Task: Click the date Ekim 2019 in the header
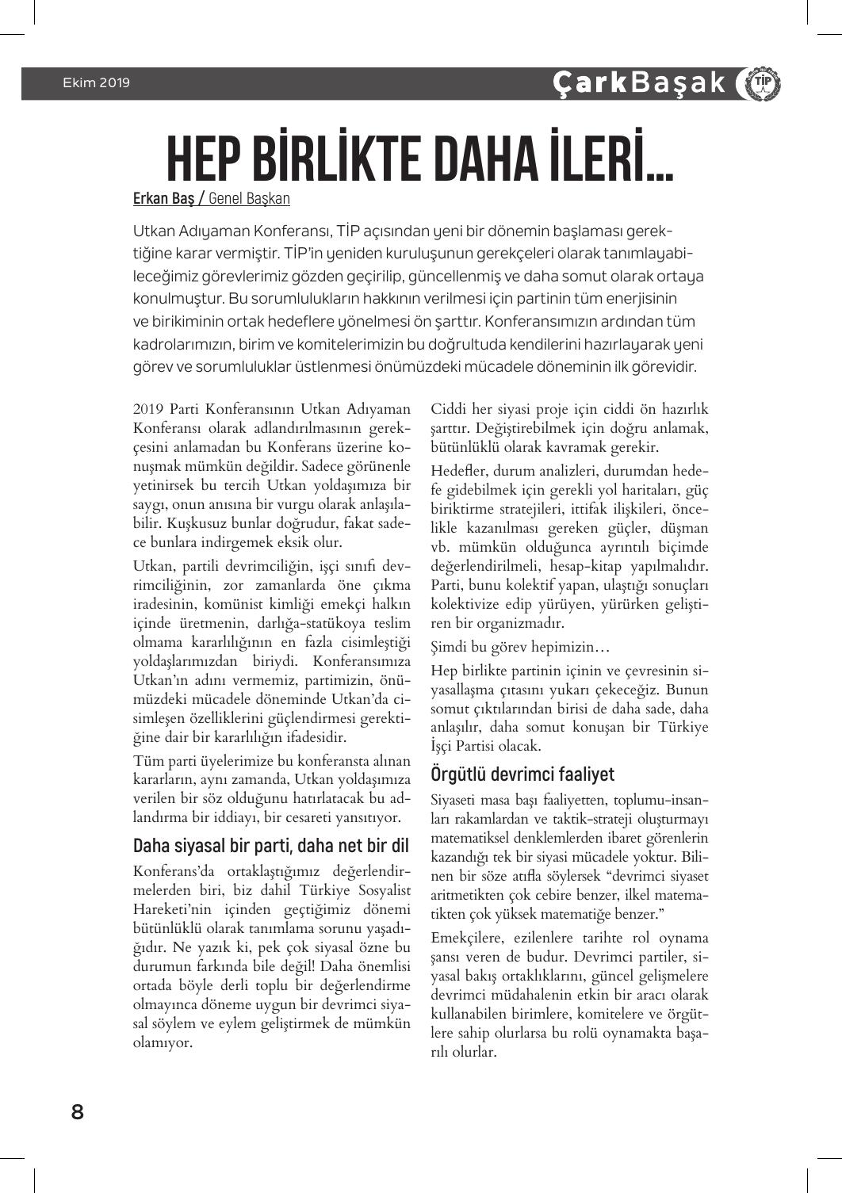pyautogui.click(x=96, y=82)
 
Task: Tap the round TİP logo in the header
pyautogui.click(x=758, y=83)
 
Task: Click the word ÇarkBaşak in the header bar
pyautogui.click(x=639, y=82)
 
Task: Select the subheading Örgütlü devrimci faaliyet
pyautogui.click(x=522, y=774)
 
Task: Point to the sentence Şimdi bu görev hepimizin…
pyautogui.click(x=520, y=647)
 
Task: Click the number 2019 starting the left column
pyautogui.click(x=148, y=410)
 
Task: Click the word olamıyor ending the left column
pyautogui.click(x=162, y=1042)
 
